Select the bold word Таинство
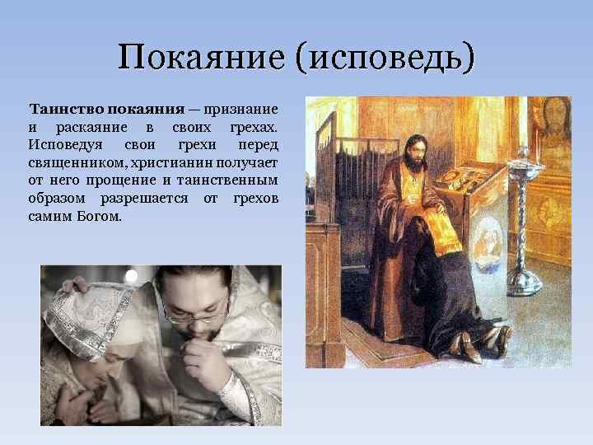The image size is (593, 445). (66, 110)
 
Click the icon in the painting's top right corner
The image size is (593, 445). (552, 124)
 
